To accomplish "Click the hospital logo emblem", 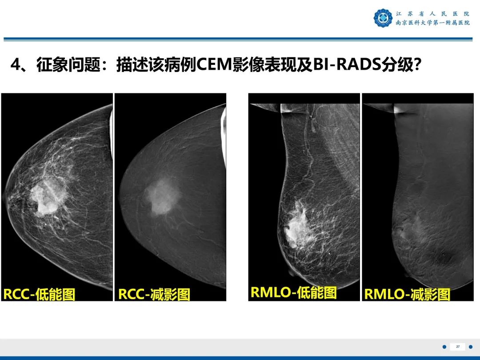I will pyautogui.click(x=383, y=18).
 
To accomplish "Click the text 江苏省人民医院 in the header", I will pyautogui.click(x=432, y=14).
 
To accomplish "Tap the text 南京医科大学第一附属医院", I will pyautogui.click(x=432, y=23).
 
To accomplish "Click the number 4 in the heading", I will pyautogui.click(x=16, y=65).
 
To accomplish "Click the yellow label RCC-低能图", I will pyautogui.click(x=39, y=294).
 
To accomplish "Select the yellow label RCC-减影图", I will pyautogui.click(x=154, y=294).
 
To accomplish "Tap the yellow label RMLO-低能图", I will pyautogui.click(x=293, y=292).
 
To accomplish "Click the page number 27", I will pyautogui.click(x=457, y=347).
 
